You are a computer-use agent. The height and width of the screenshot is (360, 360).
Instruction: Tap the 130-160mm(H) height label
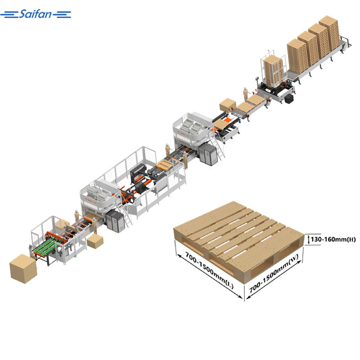[x=333, y=239]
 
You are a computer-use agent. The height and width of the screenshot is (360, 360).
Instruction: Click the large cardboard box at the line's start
[x=23, y=268]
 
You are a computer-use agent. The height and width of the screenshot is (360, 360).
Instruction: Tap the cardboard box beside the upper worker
[x=228, y=105]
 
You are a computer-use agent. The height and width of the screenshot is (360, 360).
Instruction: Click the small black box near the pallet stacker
[x=290, y=99]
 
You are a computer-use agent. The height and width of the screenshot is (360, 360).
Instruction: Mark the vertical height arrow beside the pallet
[x=308, y=239]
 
